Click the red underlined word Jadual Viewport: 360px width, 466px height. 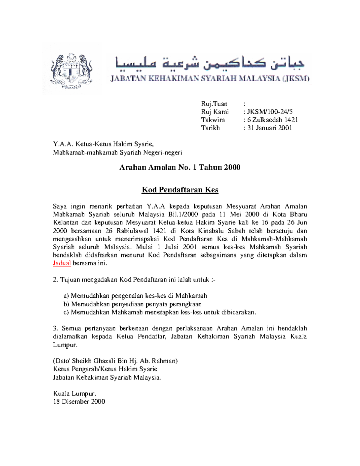click(x=62, y=263)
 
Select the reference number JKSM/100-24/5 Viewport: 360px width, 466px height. click(x=269, y=112)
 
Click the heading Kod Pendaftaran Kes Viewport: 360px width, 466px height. click(x=180, y=190)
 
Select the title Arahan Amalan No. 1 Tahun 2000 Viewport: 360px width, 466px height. click(x=180, y=167)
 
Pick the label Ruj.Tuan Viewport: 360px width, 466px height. click(x=214, y=104)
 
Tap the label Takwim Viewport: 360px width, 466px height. click(x=213, y=120)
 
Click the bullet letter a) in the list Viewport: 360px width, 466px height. click(x=66, y=296)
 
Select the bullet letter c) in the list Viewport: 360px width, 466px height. click(x=66, y=312)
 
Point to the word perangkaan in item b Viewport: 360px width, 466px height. click(x=186, y=304)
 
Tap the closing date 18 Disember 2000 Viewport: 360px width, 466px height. click(x=79, y=401)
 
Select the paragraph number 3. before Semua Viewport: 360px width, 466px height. click(x=55, y=328)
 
